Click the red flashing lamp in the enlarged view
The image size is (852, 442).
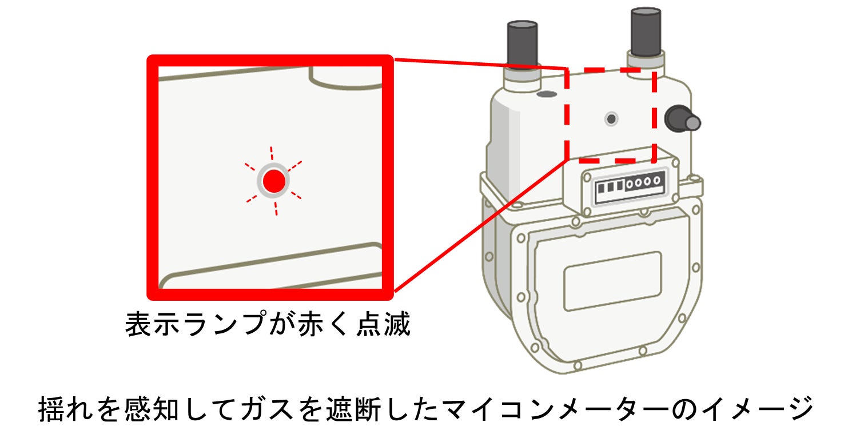point(274,181)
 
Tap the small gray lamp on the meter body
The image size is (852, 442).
point(611,119)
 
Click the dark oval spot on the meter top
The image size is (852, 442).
point(546,93)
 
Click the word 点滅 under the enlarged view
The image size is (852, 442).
point(389,325)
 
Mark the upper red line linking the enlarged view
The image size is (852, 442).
point(480,63)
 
